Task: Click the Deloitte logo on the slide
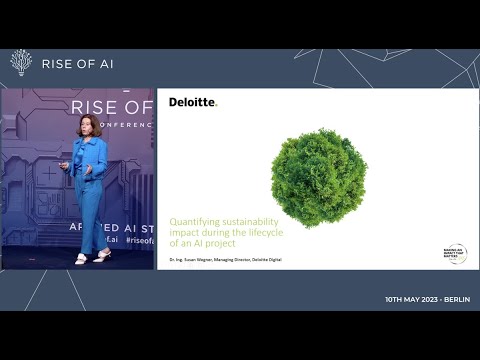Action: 192,102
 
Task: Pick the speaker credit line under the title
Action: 225,259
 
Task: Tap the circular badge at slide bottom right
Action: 455,254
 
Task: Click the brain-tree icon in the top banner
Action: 21,63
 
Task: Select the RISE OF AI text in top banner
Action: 76,64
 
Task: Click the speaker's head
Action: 86,128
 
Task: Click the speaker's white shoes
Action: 92,257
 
